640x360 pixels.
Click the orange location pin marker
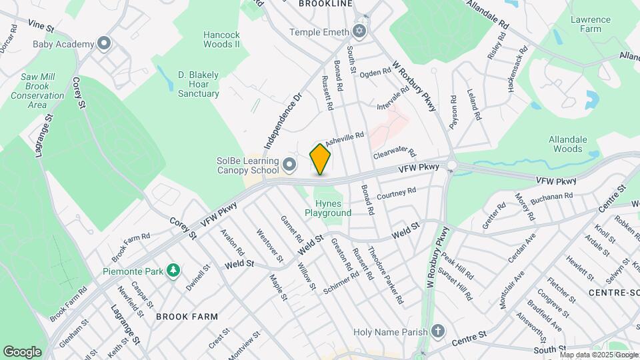(321, 159)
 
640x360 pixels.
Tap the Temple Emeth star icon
(359, 31)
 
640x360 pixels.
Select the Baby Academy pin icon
(103, 44)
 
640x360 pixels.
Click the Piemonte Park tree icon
(173, 271)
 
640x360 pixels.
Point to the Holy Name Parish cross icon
(437, 331)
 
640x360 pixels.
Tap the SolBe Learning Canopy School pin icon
(289, 164)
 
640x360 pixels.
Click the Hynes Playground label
(328, 208)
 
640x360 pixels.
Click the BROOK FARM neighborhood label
(183, 317)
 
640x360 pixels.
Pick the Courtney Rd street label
(396, 194)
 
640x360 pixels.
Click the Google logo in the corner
(22, 351)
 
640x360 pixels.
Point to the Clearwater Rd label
(395, 153)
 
